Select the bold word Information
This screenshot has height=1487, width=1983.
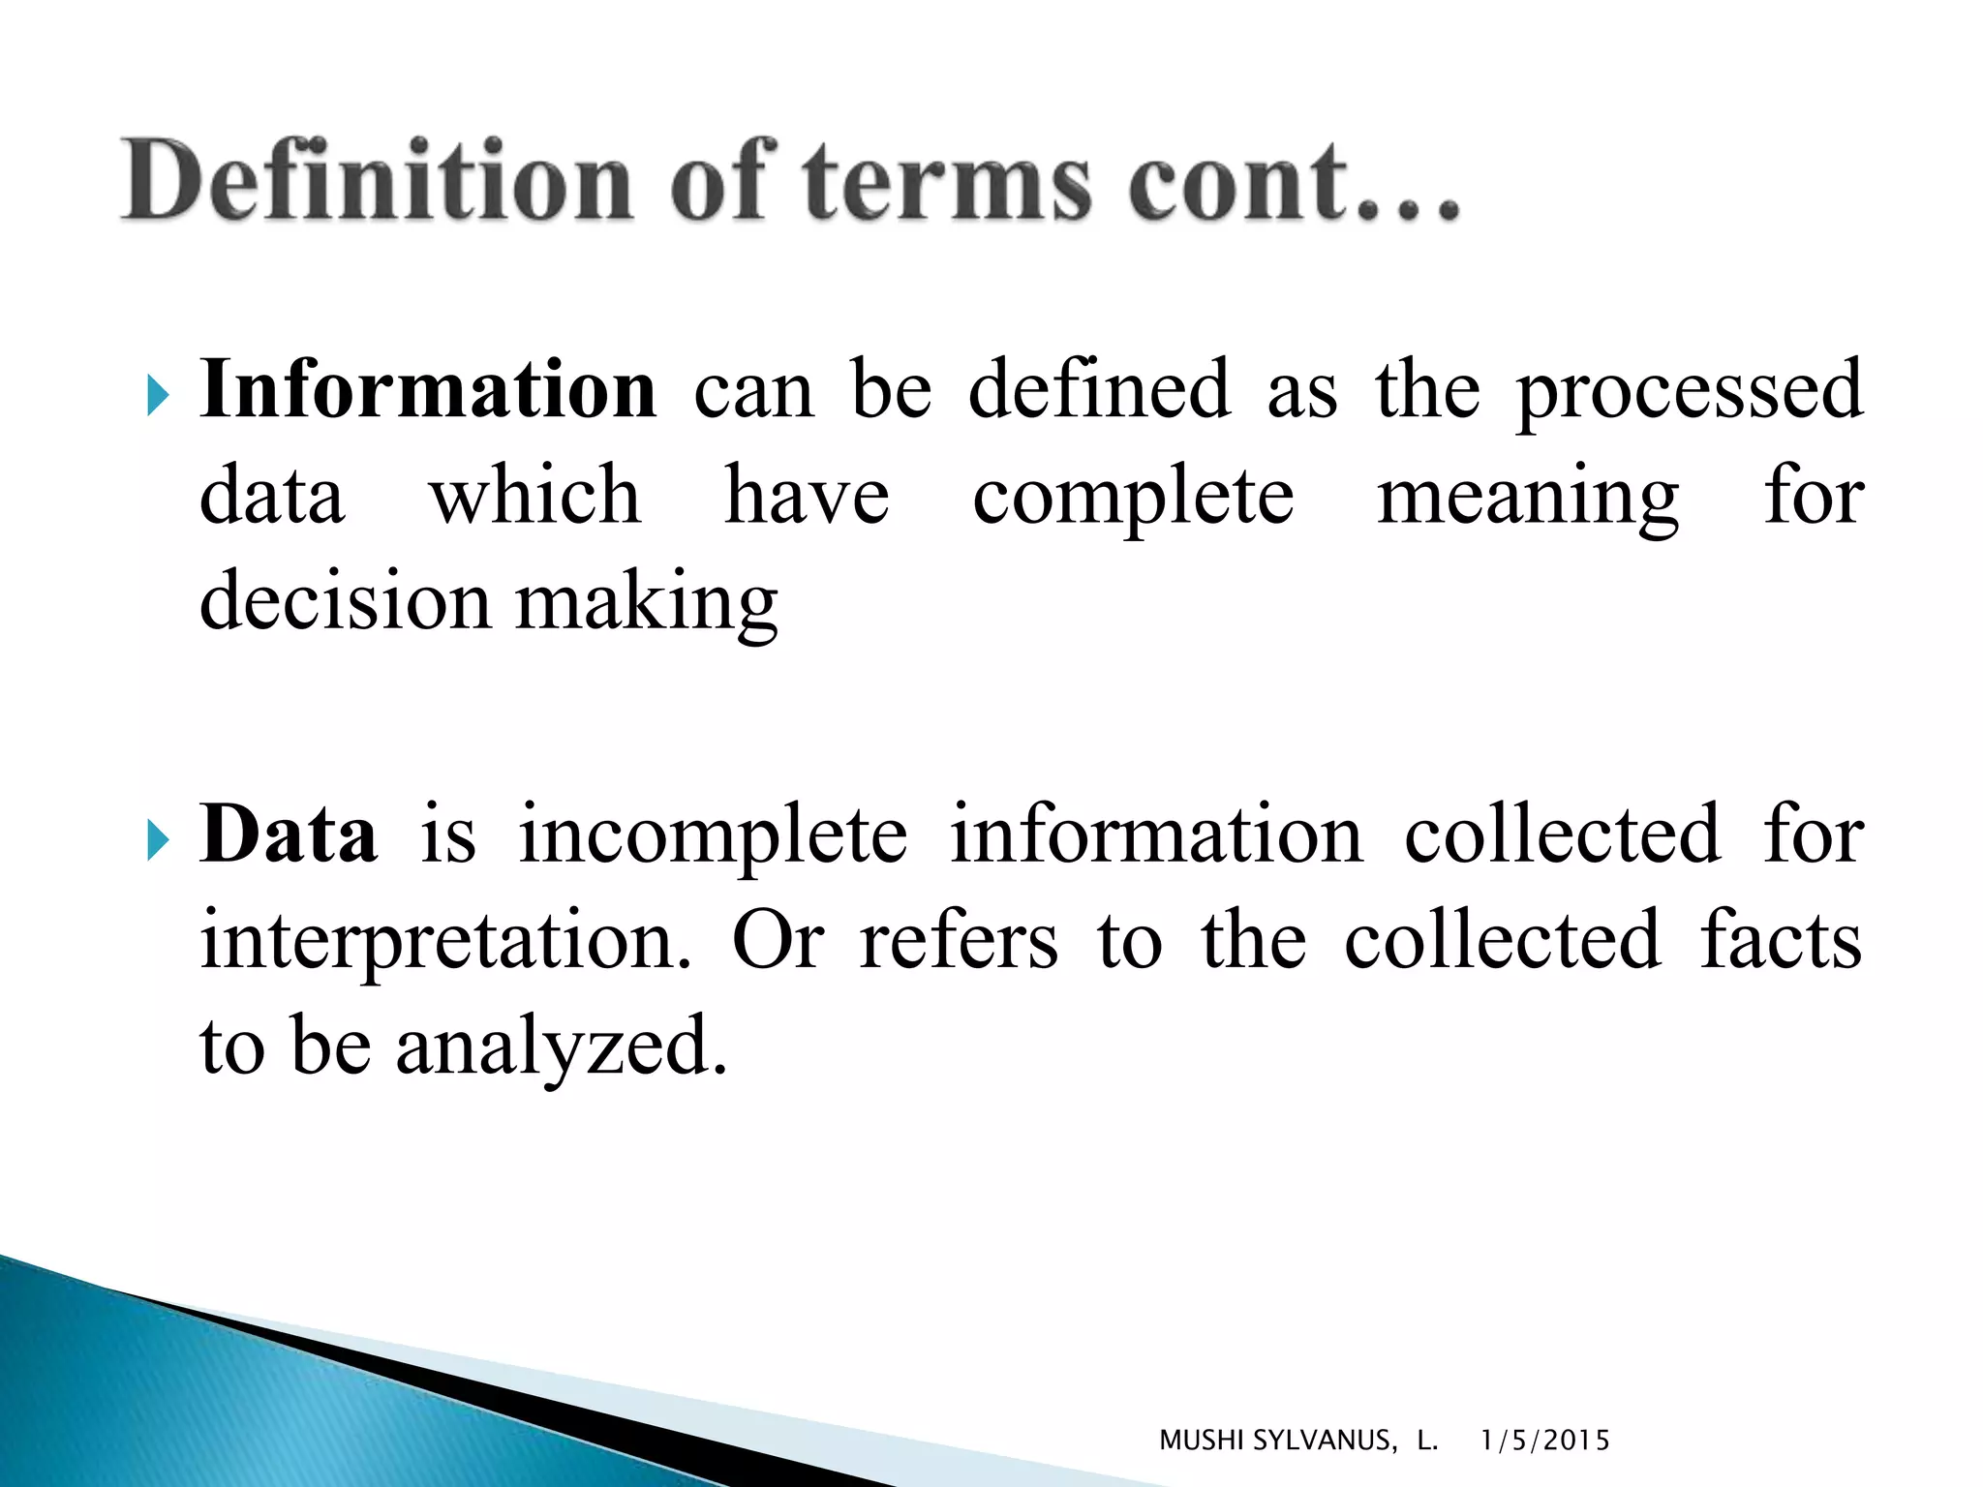[428, 389]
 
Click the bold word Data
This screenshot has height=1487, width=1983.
[289, 835]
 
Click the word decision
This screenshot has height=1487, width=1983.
[345, 602]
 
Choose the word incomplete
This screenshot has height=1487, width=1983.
[713, 835]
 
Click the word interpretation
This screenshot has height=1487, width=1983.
[445, 941]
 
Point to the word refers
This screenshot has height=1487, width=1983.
[959, 941]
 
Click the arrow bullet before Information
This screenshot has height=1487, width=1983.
[158, 396]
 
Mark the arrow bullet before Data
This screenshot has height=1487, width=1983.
[158, 841]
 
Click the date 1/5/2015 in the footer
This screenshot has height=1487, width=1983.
[1544, 1441]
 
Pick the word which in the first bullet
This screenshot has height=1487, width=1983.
[535, 496]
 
